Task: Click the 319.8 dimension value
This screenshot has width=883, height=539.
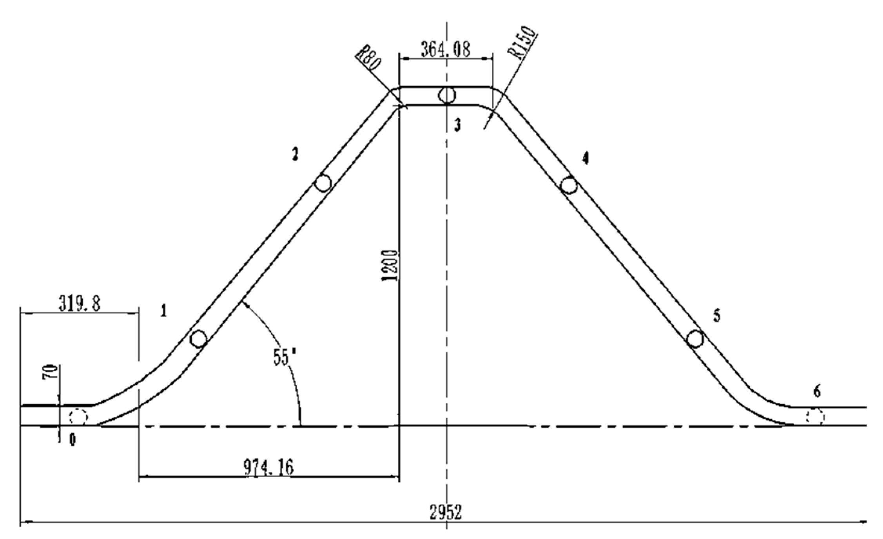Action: click(80, 304)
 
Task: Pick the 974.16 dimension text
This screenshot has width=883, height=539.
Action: click(269, 467)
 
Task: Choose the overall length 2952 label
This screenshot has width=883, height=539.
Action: click(446, 512)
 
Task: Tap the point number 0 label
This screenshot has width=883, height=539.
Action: click(73, 441)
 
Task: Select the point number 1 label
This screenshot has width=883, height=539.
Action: click(164, 311)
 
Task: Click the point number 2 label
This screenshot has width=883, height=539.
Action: click(295, 154)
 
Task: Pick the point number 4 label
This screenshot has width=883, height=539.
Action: click(585, 158)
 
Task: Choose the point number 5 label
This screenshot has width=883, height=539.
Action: click(716, 315)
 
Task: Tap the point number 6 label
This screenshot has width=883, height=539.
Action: click(817, 391)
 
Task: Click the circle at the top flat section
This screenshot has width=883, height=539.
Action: click(447, 95)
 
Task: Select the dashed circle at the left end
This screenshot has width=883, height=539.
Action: click(78, 416)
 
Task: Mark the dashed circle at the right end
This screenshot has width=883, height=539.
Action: click(814, 416)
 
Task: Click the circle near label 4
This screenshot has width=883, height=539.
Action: click(568, 185)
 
